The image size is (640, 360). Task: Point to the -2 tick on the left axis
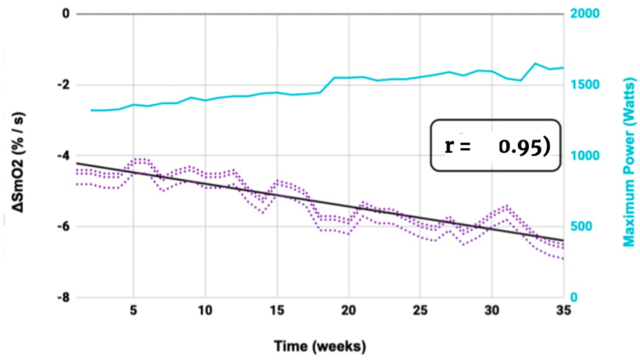tap(64, 85)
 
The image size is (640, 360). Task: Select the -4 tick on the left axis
tap(64, 156)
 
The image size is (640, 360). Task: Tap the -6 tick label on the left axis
tap(64, 227)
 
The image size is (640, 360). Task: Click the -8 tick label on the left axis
tap(64, 298)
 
